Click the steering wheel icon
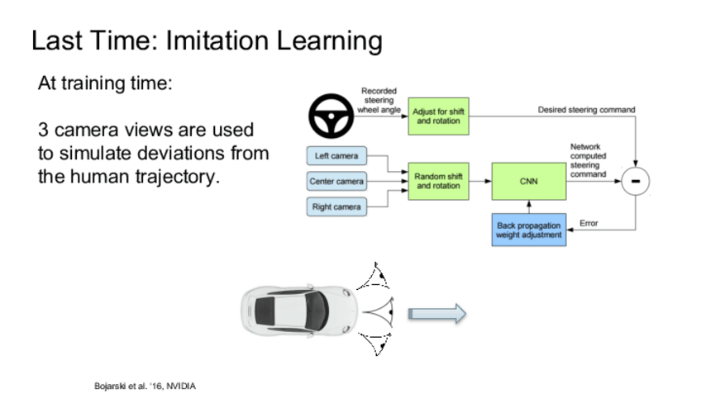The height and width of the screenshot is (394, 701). (331, 117)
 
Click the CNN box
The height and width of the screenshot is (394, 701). (529, 181)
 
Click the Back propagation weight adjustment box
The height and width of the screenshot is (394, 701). (529, 230)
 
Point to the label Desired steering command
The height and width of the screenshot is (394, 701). (586, 109)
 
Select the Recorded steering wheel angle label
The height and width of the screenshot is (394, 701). (379, 100)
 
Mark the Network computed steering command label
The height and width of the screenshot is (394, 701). (588, 160)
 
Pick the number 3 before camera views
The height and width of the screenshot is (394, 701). (44, 131)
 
